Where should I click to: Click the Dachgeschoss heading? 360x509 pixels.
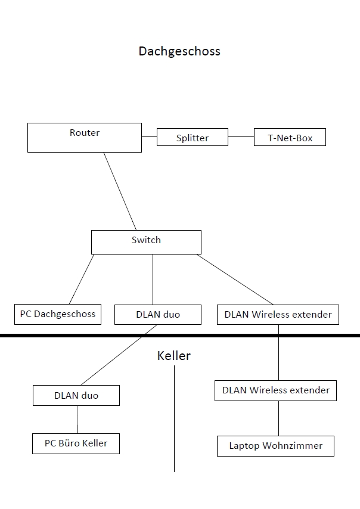pos(179,51)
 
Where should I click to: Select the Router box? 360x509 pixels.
pos(85,138)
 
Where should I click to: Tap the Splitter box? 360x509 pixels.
pos(193,138)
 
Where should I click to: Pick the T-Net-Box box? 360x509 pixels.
pos(290,138)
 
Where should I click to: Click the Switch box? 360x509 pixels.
pos(146,241)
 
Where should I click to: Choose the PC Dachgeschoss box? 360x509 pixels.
pos(58,314)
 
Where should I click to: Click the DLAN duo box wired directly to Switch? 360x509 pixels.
pos(157,315)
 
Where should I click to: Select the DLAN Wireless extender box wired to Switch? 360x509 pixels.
pos(278,315)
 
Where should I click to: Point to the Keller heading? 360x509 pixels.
pos(173,356)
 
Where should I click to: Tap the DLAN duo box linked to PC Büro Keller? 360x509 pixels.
pos(76,395)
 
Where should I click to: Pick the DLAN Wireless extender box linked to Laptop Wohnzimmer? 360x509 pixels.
pos(276,391)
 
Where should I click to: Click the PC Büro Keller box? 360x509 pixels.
pos(76,443)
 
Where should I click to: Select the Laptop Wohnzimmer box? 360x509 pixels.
pos(276,446)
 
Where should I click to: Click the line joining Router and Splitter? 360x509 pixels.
pos(149,137)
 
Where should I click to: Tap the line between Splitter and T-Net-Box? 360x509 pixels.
pos(241,137)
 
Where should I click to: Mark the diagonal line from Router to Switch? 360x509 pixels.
pos(120,191)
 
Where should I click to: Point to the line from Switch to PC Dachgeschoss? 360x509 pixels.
pos(82,279)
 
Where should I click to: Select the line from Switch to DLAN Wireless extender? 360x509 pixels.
pos(235,279)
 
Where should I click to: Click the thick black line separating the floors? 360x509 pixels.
pos(179,336)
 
